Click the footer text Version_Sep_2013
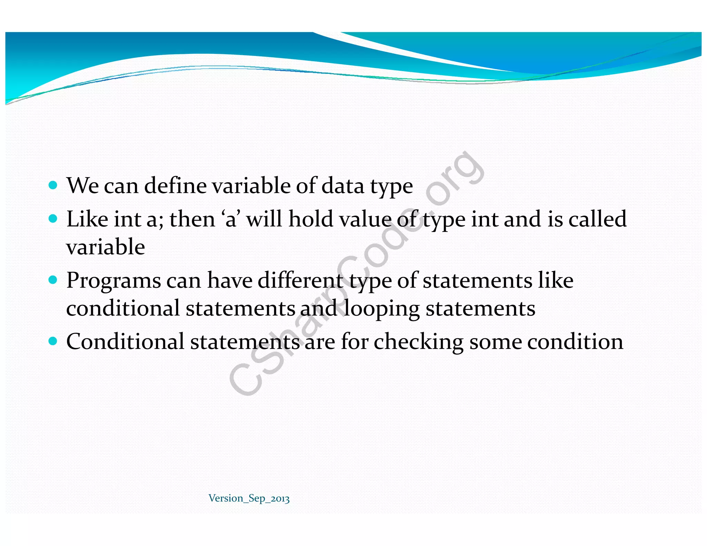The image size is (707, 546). (x=249, y=498)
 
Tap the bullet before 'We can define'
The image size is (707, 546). (x=53, y=185)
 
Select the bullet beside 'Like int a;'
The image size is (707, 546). (x=53, y=218)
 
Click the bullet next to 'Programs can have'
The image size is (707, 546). (x=53, y=280)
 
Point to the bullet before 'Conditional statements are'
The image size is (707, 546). (x=53, y=341)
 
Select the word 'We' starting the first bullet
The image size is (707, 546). (x=83, y=186)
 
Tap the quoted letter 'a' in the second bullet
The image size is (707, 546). (x=231, y=220)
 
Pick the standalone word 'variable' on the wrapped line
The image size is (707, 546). (x=105, y=247)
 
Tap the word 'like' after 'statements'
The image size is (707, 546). (x=555, y=280)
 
